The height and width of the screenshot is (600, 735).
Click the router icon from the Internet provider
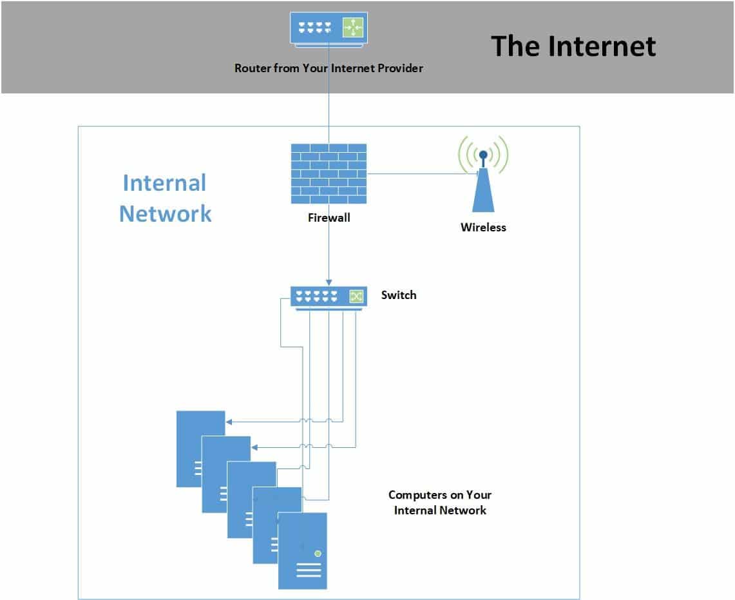(x=329, y=29)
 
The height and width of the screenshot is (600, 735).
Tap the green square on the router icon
(x=353, y=27)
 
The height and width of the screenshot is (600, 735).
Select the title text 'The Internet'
(x=573, y=46)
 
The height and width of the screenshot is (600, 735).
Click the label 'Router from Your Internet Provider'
(x=329, y=68)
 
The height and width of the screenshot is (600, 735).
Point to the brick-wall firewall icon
(x=329, y=173)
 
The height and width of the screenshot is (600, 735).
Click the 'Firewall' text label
(x=329, y=218)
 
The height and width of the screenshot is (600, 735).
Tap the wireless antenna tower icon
(x=483, y=173)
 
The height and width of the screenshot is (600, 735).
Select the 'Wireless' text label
(x=483, y=227)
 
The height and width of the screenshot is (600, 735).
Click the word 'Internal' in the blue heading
(x=164, y=183)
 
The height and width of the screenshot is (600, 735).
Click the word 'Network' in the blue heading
(x=166, y=214)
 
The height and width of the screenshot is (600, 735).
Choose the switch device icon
(x=329, y=298)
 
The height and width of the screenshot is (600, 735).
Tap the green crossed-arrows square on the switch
(x=356, y=296)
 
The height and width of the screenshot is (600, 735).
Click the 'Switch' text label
(x=399, y=295)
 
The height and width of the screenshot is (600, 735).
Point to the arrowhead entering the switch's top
(x=329, y=283)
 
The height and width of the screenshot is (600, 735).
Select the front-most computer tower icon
(x=302, y=551)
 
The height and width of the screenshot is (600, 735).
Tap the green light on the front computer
(x=318, y=554)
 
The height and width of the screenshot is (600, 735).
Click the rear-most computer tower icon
(x=200, y=449)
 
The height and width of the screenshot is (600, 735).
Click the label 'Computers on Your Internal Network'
(x=440, y=503)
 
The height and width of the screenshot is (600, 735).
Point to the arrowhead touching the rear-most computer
(x=229, y=421)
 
